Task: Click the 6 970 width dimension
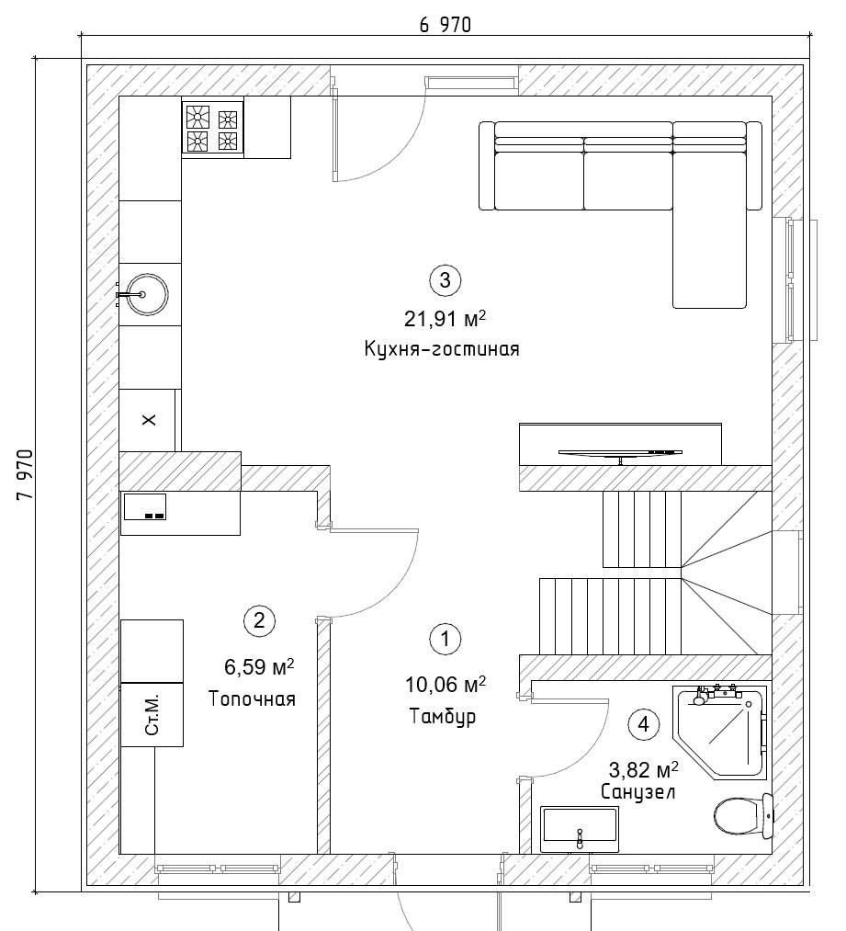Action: pos(445,25)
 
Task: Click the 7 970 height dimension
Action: pos(25,474)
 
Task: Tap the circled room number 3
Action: pos(445,279)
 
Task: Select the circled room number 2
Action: pos(259,621)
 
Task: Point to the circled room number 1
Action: pos(445,639)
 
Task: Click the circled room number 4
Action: pos(644,724)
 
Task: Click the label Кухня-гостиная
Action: pos(442,348)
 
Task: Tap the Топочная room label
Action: pos(252,698)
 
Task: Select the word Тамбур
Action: pos(443,716)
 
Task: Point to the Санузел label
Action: pos(637,792)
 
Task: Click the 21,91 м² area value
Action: pos(445,319)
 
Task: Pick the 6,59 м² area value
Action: pos(259,667)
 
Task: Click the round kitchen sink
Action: pos(143,294)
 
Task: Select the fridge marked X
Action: pos(148,420)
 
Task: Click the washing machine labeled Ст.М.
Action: pos(152,714)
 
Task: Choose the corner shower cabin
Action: pos(720,732)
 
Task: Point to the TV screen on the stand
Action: pos(620,453)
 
